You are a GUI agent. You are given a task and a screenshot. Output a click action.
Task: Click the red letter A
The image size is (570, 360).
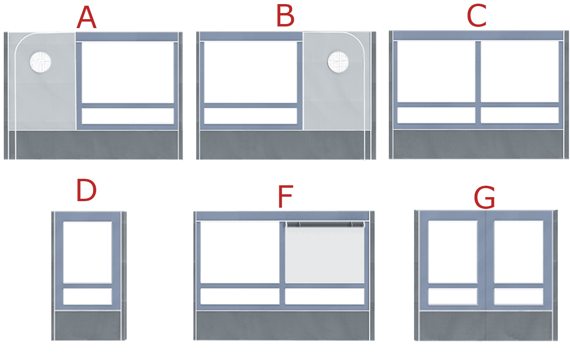pyautogui.click(x=86, y=18)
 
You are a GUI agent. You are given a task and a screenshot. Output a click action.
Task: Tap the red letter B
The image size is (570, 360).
pyautogui.click(x=285, y=16)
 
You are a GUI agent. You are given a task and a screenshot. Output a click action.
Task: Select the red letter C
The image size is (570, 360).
pyautogui.click(x=477, y=15)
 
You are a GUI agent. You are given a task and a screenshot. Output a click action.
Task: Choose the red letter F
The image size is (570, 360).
pyautogui.click(x=285, y=196)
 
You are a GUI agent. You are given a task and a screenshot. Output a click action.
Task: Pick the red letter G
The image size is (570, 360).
pyautogui.click(x=484, y=198)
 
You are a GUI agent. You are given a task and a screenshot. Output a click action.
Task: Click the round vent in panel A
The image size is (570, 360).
pyautogui.click(x=40, y=62)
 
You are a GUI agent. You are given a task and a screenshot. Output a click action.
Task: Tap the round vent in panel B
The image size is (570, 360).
pyautogui.click(x=338, y=62)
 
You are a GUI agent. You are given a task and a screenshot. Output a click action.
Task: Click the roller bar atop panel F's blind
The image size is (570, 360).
pyautogui.click(x=325, y=224)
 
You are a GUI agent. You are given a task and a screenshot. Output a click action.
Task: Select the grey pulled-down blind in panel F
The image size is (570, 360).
pyautogui.click(x=325, y=255)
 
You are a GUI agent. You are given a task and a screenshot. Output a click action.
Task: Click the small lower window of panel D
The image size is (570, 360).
pyautogui.click(x=88, y=296)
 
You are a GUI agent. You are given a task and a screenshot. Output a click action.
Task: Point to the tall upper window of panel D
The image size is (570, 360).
pyautogui.click(x=88, y=252)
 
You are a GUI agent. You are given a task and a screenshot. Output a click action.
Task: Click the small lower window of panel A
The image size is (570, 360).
pyautogui.click(x=128, y=116)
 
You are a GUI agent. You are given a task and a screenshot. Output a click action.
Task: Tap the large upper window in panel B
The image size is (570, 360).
pyautogui.click(x=250, y=72)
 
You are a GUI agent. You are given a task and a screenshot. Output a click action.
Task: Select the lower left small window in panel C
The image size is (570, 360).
pyautogui.click(x=436, y=115)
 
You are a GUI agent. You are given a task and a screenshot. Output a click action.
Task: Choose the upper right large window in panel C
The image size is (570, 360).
pyautogui.click(x=520, y=72)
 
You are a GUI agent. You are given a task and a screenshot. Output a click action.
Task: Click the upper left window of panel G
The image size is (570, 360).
pyautogui.click(x=453, y=252)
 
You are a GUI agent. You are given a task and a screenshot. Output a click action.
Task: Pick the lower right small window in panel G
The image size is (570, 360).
pyautogui.click(x=519, y=296)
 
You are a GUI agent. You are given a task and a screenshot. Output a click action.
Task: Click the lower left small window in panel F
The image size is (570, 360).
pyautogui.click(x=240, y=296)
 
